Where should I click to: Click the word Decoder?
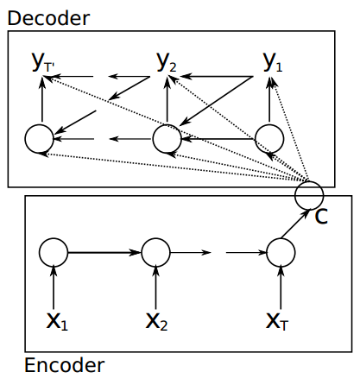[48, 18]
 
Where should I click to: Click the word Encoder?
[65, 365]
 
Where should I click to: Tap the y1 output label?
[273, 62]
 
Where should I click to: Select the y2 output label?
[167, 62]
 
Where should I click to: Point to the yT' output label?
[43, 62]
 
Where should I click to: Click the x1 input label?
[57, 321]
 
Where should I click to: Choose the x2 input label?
[156, 321]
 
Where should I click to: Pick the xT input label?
[277, 321]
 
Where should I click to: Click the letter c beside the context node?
[321, 217]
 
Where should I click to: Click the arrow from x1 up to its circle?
[54, 288]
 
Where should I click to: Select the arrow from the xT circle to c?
[295, 224]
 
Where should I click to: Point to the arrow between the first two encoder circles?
[104, 253]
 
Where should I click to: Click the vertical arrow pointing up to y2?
[167, 100]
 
